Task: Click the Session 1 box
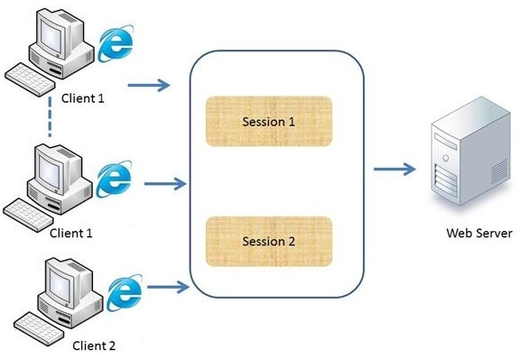coord(268,121)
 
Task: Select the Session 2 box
coord(268,241)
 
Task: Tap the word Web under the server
coord(460,234)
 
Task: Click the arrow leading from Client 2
coord(168,288)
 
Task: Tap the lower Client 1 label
coord(71,232)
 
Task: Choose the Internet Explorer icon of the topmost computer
coord(115,43)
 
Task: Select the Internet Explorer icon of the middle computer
coord(114,176)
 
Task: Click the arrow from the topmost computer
coord(148,87)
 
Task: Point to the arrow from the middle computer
coord(165,185)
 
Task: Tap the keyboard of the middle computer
coord(32,210)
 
